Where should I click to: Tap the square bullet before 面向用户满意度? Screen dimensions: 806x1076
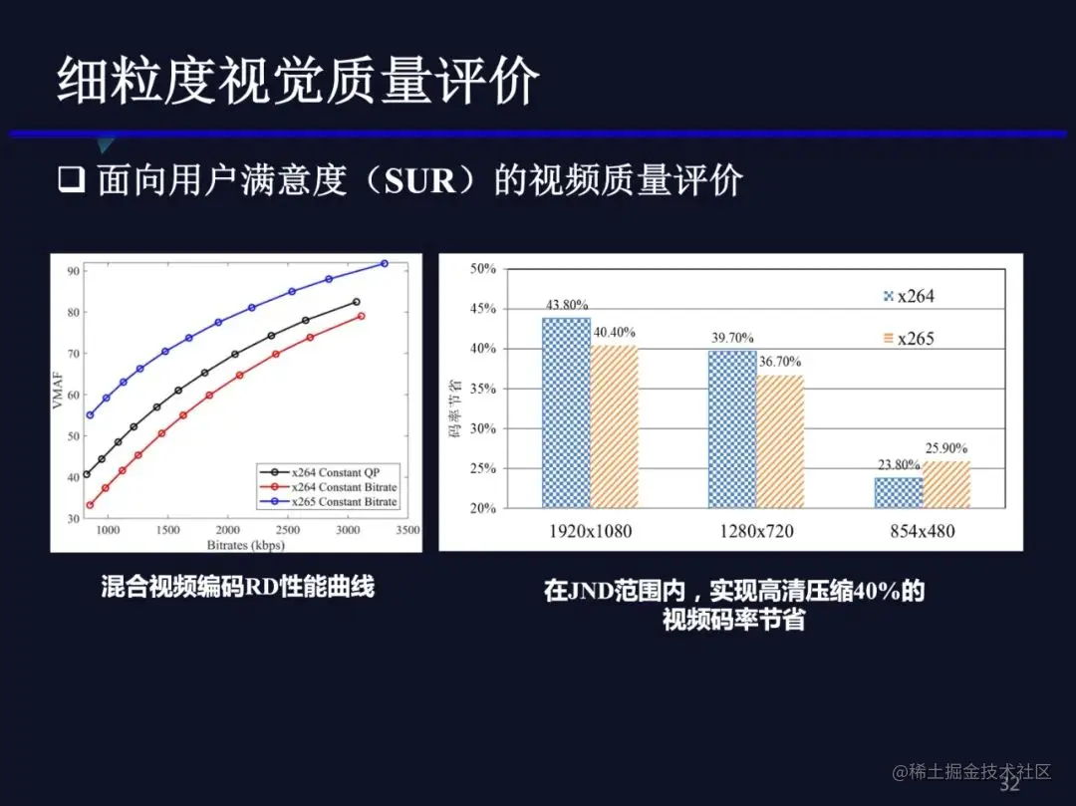72,181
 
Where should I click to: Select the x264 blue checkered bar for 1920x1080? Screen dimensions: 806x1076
566,412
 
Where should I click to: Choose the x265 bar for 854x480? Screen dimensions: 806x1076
945,484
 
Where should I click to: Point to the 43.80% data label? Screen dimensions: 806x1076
566,305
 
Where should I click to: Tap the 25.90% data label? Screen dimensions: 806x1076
945,448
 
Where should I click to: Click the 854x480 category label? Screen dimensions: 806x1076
921,531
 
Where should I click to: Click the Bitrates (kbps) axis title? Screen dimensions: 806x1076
245,545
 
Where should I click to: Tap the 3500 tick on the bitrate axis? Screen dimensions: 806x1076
406,531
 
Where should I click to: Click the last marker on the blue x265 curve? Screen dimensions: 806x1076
385,263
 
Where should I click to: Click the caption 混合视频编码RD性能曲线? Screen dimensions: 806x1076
237,587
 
